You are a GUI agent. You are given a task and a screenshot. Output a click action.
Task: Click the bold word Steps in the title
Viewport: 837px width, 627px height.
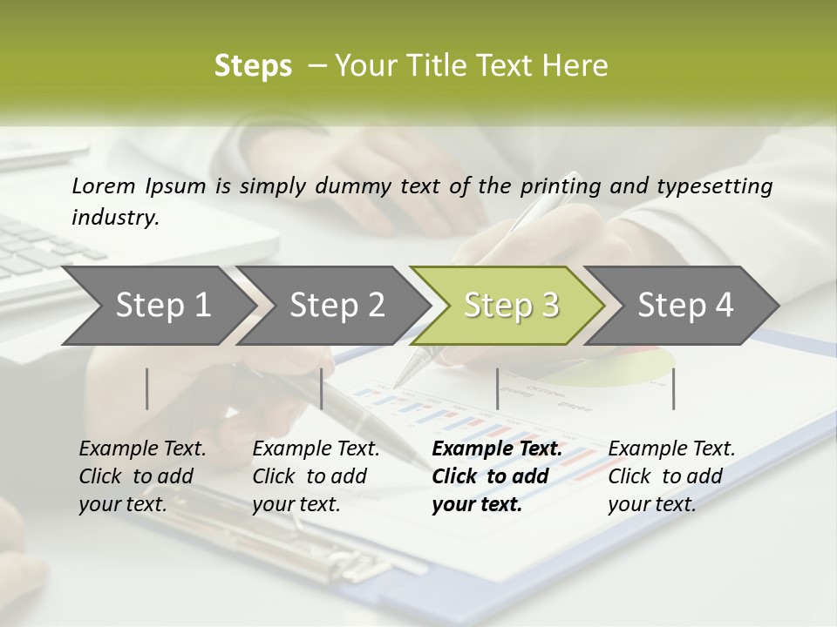[253, 66]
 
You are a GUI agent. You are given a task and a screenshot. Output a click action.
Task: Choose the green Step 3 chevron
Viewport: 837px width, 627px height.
[511, 305]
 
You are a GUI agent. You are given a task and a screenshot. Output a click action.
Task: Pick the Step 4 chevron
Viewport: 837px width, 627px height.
[685, 305]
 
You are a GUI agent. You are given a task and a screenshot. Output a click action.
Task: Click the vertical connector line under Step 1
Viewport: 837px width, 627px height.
[147, 388]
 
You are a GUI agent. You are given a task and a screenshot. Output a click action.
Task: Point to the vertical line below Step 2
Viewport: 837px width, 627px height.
[322, 388]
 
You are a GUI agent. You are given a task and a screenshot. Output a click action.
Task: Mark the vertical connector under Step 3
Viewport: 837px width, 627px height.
[498, 388]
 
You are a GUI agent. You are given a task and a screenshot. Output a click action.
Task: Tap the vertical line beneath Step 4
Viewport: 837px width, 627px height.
[673, 388]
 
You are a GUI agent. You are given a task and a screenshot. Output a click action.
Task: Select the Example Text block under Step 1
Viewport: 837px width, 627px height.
[142, 476]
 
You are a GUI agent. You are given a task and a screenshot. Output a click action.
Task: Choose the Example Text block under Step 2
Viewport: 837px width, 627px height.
[316, 476]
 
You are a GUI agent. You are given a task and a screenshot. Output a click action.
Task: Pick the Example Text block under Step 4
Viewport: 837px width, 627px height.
[671, 476]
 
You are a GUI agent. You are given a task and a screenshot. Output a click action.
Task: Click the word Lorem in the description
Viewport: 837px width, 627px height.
[104, 185]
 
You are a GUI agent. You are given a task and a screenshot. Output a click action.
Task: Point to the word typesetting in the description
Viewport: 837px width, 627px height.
[720, 185]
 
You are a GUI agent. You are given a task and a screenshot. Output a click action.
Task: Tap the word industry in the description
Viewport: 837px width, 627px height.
[115, 217]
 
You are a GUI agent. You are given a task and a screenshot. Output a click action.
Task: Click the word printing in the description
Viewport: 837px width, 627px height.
[557, 185]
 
